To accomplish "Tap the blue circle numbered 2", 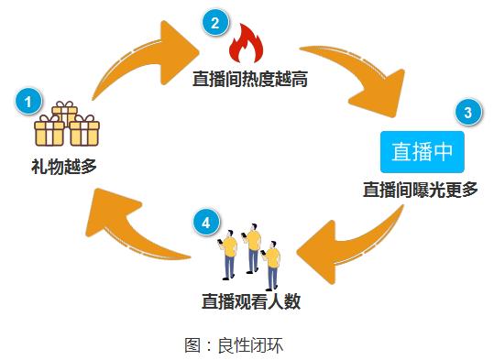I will pos(214,24).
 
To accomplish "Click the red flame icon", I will pos(246,44).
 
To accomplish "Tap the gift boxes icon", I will pos(66,127).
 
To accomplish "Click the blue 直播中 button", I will pos(423,152).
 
